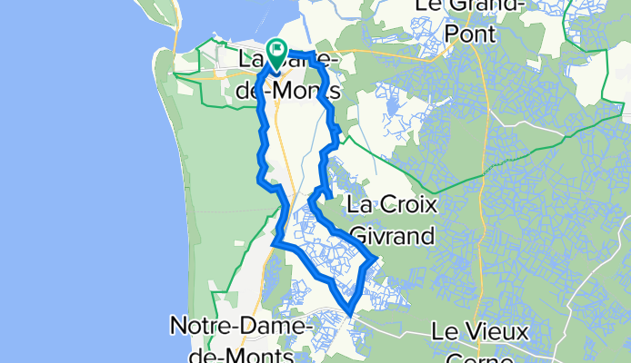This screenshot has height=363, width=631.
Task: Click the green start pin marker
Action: pyautogui.click(x=276, y=50)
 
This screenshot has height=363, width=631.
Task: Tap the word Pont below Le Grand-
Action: pyautogui.click(x=471, y=34)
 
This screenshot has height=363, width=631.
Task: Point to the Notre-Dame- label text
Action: pyautogui.click(x=243, y=324)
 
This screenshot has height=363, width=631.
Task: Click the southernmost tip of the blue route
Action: pyautogui.click(x=350, y=316)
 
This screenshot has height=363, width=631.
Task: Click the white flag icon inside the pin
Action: pyautogui.click(x=277, y=47)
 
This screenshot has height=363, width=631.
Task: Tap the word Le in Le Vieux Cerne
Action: pyautogui.click(x=445, y=331)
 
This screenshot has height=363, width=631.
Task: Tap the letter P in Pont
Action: pyautogui.click(x=455, y=34)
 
